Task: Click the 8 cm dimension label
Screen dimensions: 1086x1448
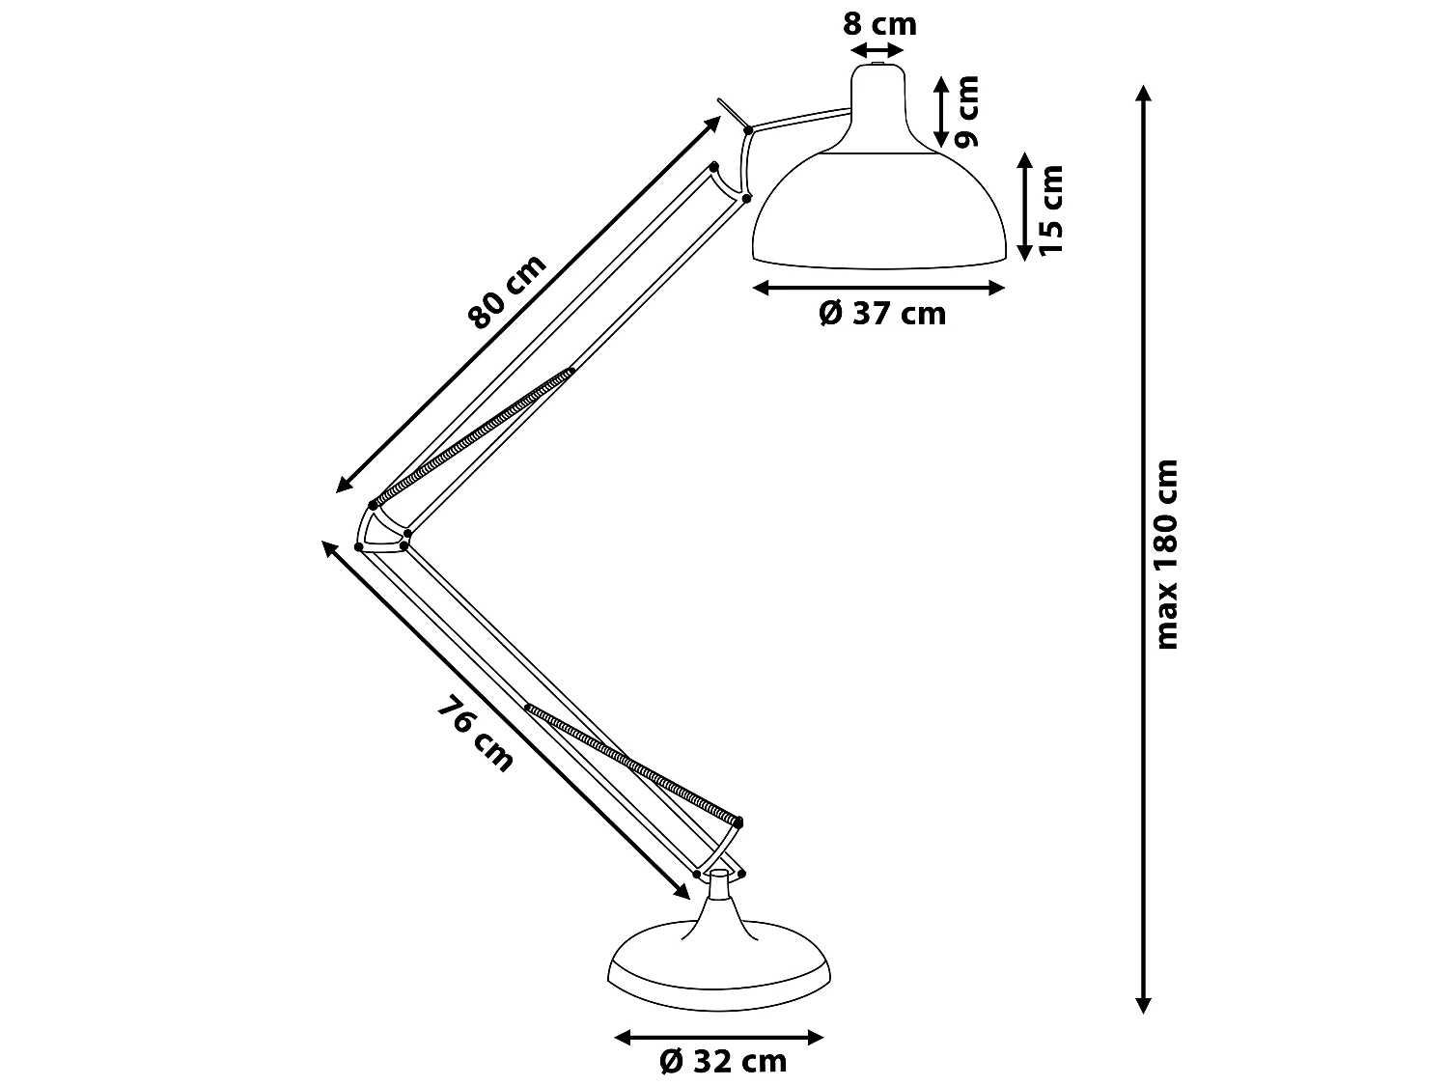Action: (879, 23)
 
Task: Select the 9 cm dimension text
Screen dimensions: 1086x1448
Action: (966, 111)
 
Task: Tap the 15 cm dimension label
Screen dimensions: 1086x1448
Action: (1050, 209)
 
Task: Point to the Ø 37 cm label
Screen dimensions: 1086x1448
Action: (882, 314)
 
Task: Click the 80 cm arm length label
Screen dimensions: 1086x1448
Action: (508, 292)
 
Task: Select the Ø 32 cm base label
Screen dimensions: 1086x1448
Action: (723, 1062)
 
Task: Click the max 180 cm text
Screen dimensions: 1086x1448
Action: (1168, 553)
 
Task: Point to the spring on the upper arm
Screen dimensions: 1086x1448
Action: (473, 437)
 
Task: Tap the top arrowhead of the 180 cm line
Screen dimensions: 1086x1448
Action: (1143, 93)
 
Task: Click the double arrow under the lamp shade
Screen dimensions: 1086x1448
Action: (878, 287)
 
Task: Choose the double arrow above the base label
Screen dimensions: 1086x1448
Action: (719, 1038)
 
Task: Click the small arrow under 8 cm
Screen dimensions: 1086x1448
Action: (877, 50)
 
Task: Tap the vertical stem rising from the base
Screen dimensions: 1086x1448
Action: (719, 898)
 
